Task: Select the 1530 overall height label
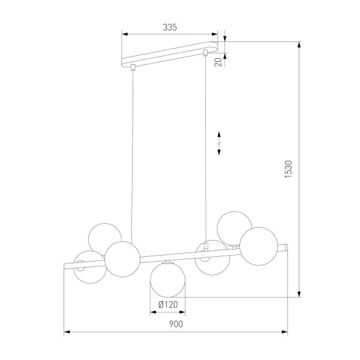pos(289,170)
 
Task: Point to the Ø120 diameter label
pos(167,304)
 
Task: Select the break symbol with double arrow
pos(219,142)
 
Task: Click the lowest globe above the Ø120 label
pos(167,280)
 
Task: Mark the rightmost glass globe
pos(258,245)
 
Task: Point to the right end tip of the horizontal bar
pos(287,245)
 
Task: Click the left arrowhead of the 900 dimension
pos(66,331)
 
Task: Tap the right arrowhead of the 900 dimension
pos(285,331)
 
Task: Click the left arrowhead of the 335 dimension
pos(124,34)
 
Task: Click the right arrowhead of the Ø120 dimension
pos(183,312)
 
